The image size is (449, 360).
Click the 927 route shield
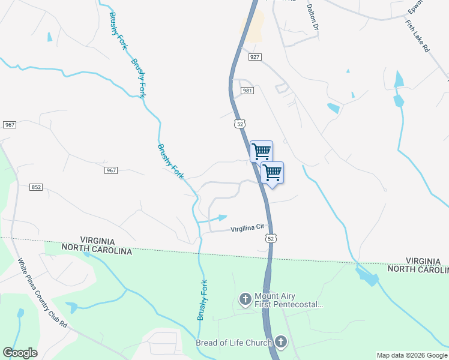(255, 57)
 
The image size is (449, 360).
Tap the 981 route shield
(247, 90)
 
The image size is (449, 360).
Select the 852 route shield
(36, 187)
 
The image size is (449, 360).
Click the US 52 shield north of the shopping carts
(240, 124)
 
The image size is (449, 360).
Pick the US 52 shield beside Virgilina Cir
(271, 238)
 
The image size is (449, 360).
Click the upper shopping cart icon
(261, 151)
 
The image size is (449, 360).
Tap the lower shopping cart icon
(273, 173)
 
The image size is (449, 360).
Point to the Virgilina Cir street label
(248, 229)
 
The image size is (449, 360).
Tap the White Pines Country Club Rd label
(42, 292)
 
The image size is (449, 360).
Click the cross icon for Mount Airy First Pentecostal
(245, 299)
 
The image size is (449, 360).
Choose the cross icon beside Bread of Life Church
(280, 343)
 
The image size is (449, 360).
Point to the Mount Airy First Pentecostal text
(289, 301)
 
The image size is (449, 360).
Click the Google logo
(20, 353)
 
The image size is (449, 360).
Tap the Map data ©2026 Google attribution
(412, 355)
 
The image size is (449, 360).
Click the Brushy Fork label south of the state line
(203, 300)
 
